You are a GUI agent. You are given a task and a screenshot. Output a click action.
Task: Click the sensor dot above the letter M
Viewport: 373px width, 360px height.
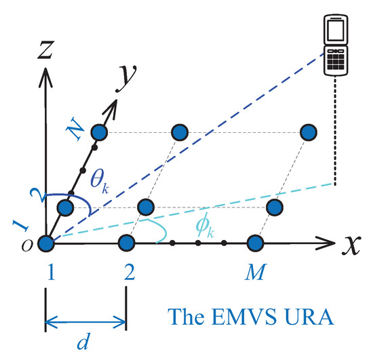255,243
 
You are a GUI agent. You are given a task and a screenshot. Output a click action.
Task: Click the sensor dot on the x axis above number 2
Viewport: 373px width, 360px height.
125,243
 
